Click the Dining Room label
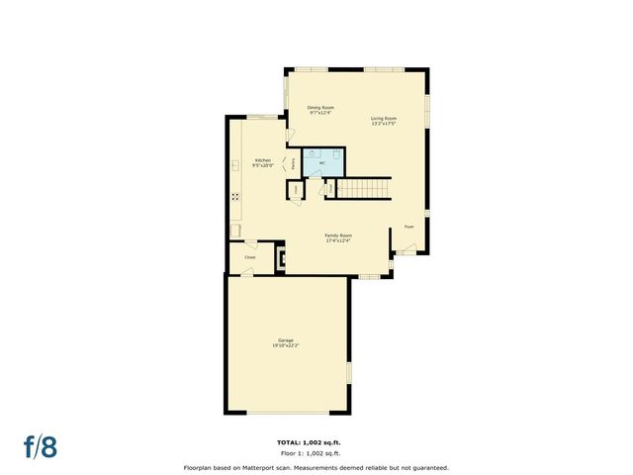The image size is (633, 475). coord(320,107)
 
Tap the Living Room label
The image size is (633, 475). coord(384,119)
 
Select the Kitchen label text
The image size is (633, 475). coord(263,160)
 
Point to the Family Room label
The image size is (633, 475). coord(338,236)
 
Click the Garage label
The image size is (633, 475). coord(285,340)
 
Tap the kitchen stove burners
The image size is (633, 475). coord(236,195)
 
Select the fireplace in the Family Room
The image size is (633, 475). coord(282,259)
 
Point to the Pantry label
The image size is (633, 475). coord(292,164)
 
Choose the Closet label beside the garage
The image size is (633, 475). coord(250,256)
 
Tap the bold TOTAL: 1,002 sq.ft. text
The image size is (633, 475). coord(316,441)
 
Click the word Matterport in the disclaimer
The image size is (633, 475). coord(268,467)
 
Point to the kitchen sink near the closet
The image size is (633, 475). coord(237,232)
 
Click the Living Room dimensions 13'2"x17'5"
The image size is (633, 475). coord(384,124)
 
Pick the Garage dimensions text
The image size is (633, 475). coord(285,345)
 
